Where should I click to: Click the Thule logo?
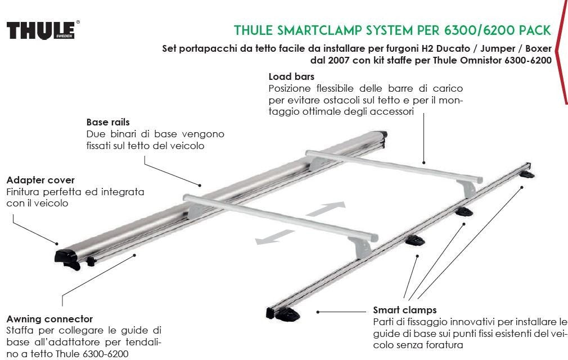[x=43, y=30]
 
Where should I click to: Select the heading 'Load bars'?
[x=291, y=76]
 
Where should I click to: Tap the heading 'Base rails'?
[x=108, y=122]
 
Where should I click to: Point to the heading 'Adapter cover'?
[x=40, y=180]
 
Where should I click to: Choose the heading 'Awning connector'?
[x=49, y=319]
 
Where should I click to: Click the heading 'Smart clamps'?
[x=404, y=310]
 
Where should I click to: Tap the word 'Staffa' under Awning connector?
[x=20, y=330]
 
